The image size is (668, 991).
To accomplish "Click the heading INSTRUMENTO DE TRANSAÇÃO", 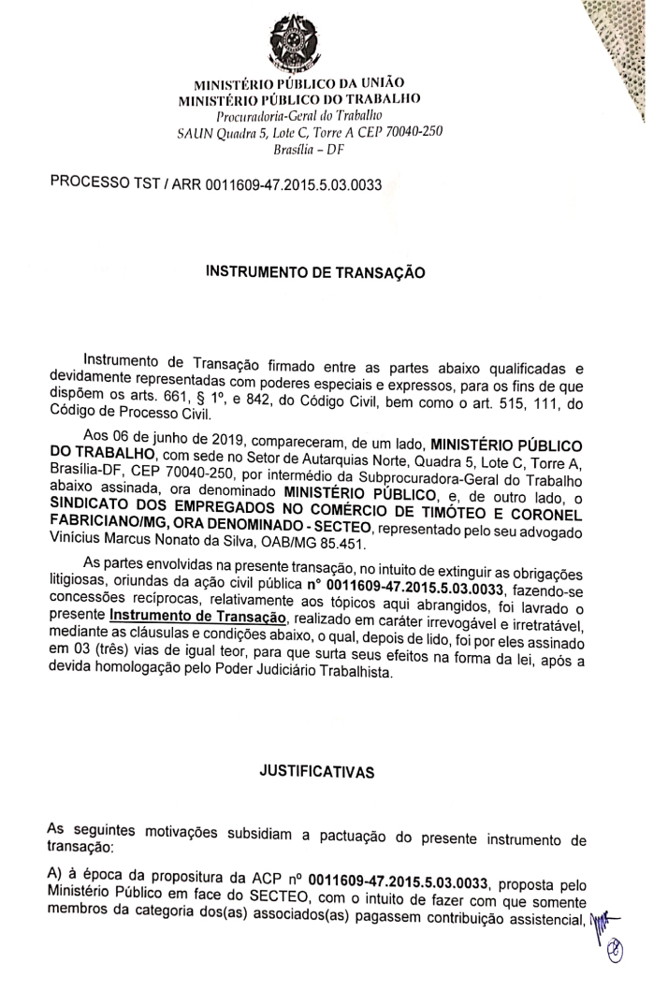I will [314, 273].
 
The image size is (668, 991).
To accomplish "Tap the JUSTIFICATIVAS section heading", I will [315, 772].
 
